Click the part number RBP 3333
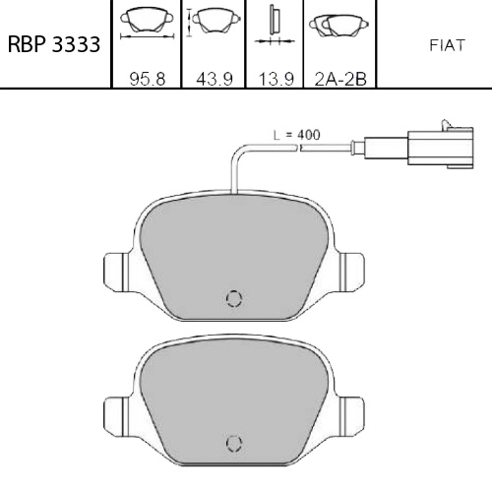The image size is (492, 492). pos(54,44)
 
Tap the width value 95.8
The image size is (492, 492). pos(148,79)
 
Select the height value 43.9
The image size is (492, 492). pos(215,79)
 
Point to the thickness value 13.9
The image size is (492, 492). pos(276,79)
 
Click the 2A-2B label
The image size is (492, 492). pos(340,79)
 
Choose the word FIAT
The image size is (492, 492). pos(447,45)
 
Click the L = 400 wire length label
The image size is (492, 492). pos(297,135)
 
